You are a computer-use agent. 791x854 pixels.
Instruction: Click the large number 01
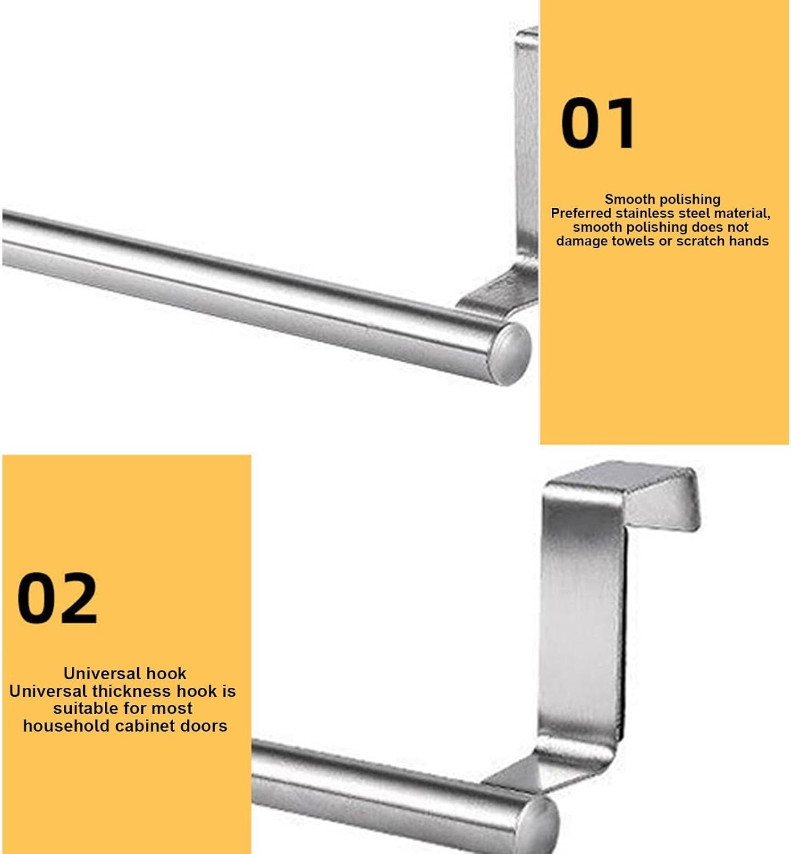597,124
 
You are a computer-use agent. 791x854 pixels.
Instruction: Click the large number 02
57,598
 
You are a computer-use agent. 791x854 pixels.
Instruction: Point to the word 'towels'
633,241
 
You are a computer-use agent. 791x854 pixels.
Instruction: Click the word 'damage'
581,241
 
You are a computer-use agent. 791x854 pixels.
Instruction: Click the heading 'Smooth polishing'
662,199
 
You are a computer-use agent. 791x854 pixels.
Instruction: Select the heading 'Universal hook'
125,674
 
